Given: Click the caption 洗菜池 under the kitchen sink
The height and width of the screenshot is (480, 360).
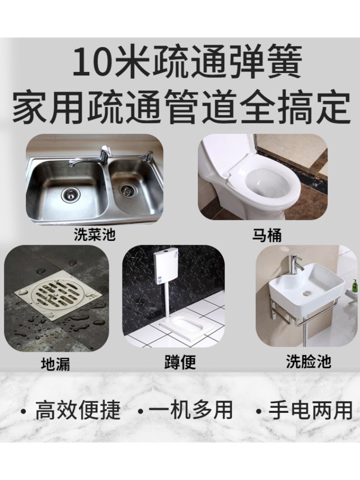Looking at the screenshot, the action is point(95,235).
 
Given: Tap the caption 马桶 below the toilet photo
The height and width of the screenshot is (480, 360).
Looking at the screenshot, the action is point(266,236).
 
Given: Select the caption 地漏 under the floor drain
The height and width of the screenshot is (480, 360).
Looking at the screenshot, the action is point(55,364).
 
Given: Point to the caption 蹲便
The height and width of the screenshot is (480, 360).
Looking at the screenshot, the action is point(180,363).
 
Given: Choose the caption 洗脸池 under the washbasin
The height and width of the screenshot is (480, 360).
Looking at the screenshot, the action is point(308,361).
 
